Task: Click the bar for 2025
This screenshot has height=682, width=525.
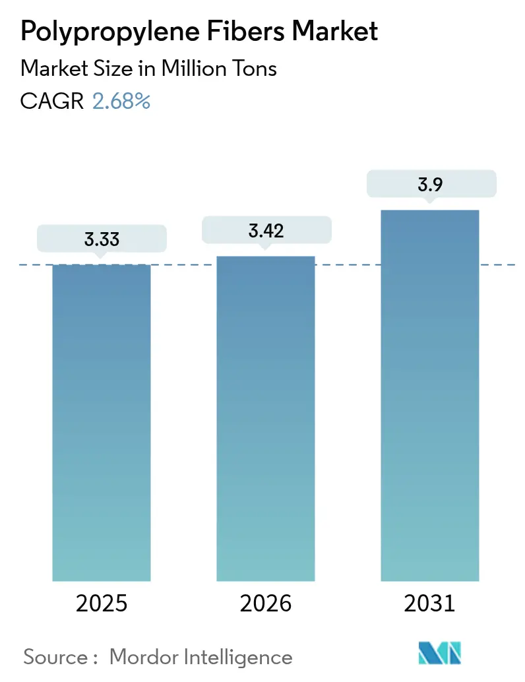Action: point(102,422)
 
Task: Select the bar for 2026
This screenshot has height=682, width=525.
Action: point(266,418)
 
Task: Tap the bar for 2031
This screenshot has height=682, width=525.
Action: point(429,396)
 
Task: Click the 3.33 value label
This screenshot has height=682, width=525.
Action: point(102,239)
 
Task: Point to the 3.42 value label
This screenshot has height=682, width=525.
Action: point(266,230)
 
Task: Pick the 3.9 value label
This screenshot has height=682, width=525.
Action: point(429,185)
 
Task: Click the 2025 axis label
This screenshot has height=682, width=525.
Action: point(102,603)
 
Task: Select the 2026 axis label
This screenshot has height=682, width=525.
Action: point(266,603)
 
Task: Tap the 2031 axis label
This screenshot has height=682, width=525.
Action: point(429,603)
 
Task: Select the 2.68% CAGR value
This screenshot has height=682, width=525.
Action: point(121,101)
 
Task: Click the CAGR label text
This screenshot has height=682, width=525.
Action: point(52,101)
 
